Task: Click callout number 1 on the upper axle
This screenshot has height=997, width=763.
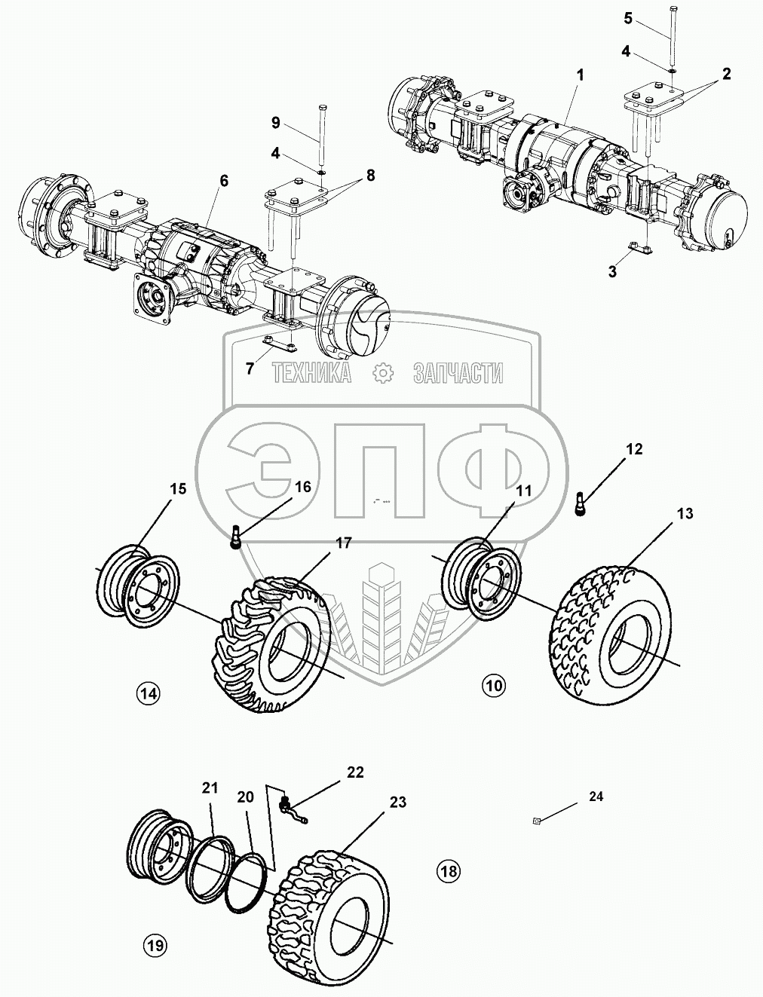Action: pos(579,75)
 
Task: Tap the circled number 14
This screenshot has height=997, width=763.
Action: pos(149,692)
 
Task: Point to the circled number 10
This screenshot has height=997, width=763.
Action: pos(494,685)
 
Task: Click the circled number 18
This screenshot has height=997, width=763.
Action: pos(448,871)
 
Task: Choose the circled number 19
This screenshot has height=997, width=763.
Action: pos(156,944)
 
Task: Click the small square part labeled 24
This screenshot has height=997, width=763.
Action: pos(535,821)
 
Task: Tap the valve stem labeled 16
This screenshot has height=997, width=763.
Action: pos(236,537)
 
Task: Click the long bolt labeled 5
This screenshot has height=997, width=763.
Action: pos(670,34)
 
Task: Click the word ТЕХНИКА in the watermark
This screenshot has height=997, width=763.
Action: pos(311,372)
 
